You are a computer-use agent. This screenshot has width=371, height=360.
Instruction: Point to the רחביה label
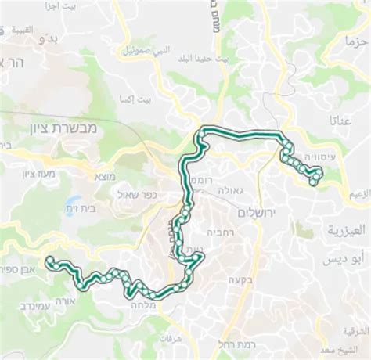pos(218,232)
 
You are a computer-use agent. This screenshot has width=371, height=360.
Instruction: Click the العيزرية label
pos(344,232)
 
